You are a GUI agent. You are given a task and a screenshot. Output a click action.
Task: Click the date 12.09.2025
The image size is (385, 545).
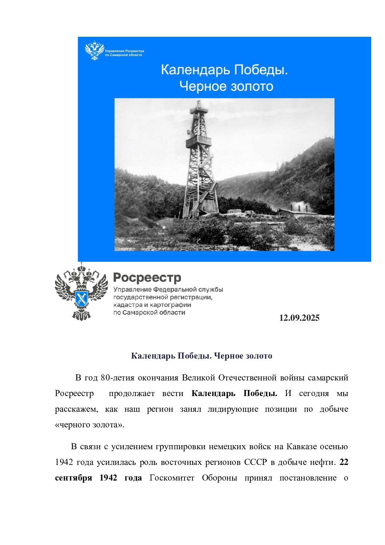coord(299,318)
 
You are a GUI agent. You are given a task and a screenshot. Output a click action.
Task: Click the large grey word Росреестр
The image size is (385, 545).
coord(147,278)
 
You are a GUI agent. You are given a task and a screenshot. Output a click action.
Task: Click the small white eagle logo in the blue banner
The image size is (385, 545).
coord(94,50)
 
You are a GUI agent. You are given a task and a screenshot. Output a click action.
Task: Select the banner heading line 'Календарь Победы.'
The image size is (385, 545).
coord(224,70)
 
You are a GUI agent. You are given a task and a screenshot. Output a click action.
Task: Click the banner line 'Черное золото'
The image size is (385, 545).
coord(226,86)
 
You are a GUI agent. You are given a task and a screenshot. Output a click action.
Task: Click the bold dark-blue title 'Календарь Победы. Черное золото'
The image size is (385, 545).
coord(201,356)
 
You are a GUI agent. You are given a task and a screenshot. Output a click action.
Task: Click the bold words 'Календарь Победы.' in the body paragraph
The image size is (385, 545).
coord(234,394)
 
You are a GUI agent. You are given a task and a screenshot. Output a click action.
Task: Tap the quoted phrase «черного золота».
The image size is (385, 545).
coord(90,425)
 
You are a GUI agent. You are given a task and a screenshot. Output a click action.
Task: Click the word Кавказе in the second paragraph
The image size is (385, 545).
coord(301,447)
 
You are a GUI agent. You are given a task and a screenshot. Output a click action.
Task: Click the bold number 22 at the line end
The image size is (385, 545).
coord(344,462)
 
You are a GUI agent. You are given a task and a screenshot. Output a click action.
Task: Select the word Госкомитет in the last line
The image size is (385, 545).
coord(172,478)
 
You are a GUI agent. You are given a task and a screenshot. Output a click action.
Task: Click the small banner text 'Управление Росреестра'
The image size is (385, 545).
coord(124,51)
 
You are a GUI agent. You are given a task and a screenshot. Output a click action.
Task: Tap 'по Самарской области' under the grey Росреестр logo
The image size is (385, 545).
coord(149,313)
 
